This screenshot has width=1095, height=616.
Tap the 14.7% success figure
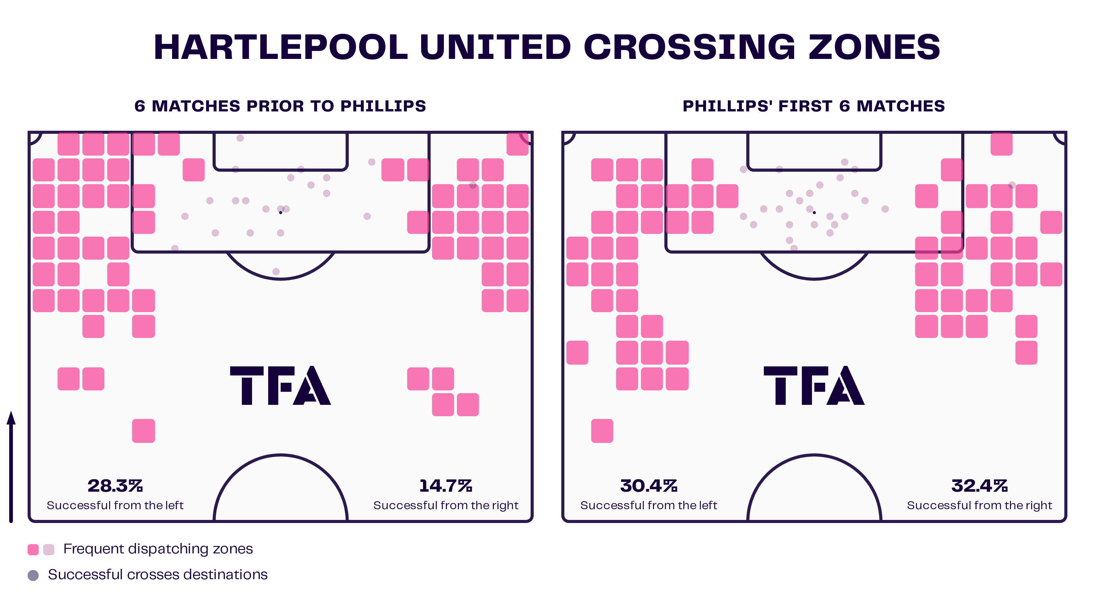pos(445,485)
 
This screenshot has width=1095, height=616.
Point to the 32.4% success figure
pos(979,485)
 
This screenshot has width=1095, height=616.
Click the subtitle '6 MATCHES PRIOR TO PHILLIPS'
pos(280,106)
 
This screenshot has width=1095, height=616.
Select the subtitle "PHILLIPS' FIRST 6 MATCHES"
pos(814,106)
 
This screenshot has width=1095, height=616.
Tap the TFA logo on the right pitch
pos(814,385)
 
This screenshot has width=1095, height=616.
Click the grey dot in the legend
pos(33,575)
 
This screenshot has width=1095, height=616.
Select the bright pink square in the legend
pos(33,549)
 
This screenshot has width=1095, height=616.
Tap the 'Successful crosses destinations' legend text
pos(158,574)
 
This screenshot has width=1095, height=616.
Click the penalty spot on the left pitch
pos(281,213)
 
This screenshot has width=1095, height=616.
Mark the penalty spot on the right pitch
pos(814,213)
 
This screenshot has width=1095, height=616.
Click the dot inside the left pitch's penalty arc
pos(276,271)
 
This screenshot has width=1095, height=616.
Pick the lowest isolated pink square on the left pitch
pos(143,431)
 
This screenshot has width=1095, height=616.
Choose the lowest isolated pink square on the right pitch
pos(602,431)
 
